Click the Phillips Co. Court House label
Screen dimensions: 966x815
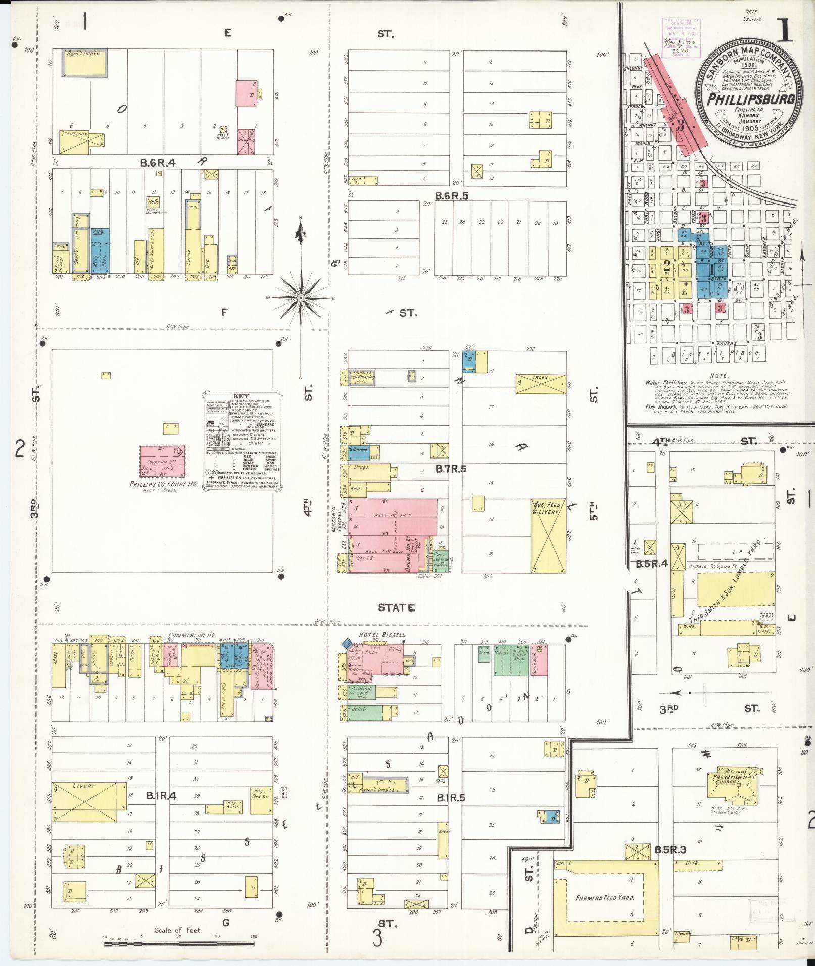156,484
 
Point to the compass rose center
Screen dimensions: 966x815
301,298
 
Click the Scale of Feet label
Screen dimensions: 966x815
178,930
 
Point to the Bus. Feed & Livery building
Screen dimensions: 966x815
548,535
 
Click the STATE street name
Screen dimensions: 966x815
396,607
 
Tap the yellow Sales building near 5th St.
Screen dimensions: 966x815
541,384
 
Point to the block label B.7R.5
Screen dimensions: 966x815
451,469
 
